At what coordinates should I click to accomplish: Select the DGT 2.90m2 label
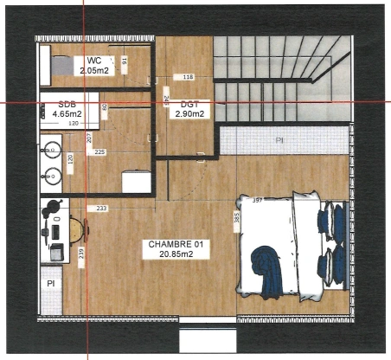(189, 109)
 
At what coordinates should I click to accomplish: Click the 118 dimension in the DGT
(189, 78)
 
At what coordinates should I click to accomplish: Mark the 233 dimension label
(102, 209)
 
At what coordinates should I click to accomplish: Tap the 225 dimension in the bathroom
(99, 152)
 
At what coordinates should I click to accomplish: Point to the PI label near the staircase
(279, 139)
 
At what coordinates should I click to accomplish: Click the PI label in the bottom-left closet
(50, 283)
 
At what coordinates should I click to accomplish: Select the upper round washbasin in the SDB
(50, 149)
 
